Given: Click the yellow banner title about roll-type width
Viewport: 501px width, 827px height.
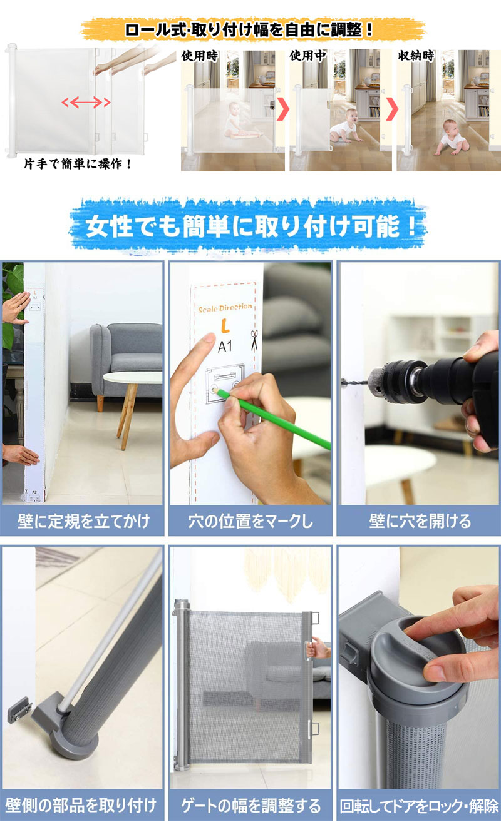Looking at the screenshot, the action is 249,29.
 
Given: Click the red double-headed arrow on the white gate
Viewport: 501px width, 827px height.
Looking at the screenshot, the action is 86,102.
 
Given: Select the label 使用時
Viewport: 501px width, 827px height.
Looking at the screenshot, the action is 200,56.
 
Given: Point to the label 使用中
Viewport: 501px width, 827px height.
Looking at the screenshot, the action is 307,56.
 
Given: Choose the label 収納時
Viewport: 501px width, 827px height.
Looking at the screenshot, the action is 416,56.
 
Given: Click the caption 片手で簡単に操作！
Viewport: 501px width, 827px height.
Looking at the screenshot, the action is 78,163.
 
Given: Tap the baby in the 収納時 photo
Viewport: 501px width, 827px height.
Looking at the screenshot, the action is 452,137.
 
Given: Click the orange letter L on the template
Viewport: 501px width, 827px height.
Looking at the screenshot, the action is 225,326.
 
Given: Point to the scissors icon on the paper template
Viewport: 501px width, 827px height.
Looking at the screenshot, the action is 254,340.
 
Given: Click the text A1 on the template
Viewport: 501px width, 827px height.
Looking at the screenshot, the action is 225,347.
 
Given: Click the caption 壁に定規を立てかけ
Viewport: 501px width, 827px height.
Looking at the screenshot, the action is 83,521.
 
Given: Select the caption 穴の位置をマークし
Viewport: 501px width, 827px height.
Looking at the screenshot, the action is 250,521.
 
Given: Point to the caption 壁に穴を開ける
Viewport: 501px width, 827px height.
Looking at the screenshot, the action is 420,521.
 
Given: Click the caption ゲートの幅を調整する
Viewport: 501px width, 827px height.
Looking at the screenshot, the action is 251,805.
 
